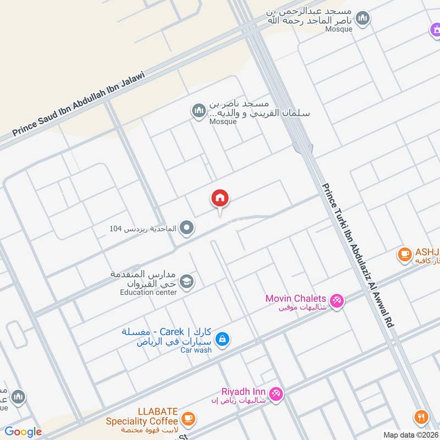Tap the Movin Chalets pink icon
(337, 300)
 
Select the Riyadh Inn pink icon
(277, 393)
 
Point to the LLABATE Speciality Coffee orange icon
(188, 419)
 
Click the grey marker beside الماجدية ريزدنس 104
(188, 227)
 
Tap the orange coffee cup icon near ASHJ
(405, 254)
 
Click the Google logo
(23, 432)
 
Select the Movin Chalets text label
(296, 298)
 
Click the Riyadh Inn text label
(244, 392)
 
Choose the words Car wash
(196, 350)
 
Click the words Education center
(148, 293)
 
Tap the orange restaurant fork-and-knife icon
(422, 416)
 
